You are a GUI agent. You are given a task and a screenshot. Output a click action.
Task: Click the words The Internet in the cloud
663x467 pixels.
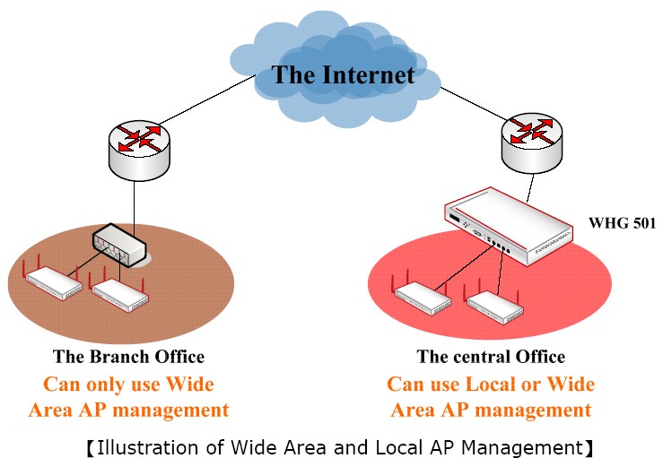(x=344, y=74)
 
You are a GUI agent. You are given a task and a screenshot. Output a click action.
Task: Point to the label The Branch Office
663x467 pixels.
(x=128, y=357)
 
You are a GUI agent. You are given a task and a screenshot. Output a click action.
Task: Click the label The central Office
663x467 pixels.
(x=491, y=357)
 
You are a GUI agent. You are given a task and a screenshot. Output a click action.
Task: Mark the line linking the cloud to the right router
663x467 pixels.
(x=475, y=96)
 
